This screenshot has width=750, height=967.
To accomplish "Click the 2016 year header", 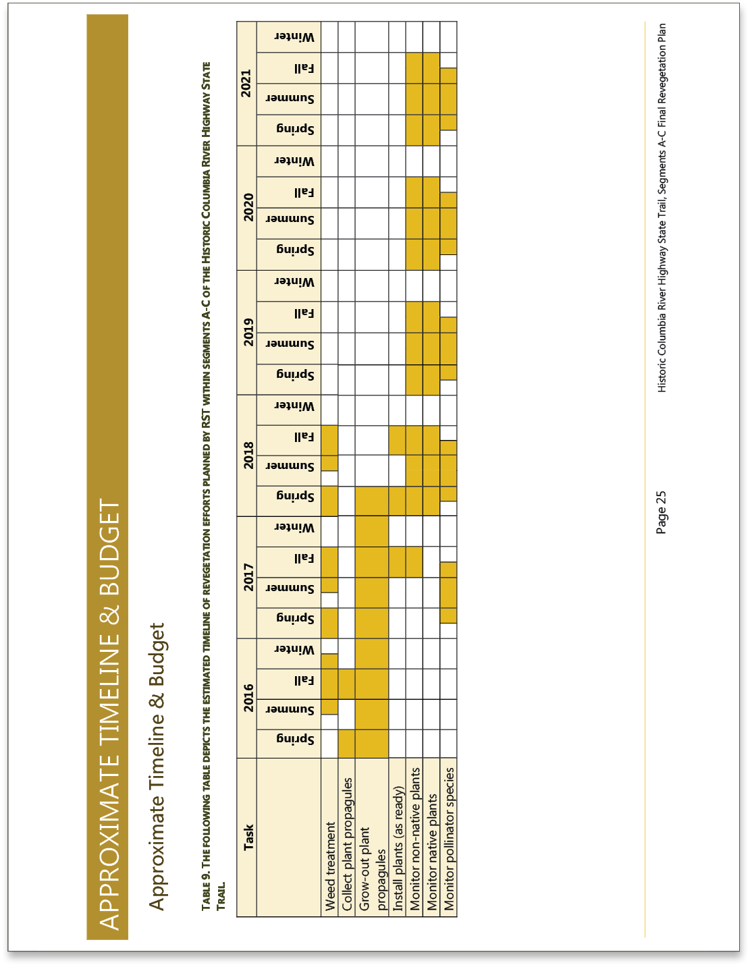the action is pyautogui.click(x=248, y=698).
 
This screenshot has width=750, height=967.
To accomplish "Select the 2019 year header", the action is pyautogui.click(x=248, y=332).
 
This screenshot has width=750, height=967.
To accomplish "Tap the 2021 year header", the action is pyautogui.click(x=246, y=83).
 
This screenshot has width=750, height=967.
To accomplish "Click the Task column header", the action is pyautogui.click(x=248, y=837).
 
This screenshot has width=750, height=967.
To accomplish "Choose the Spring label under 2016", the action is pyautogui.click(x=296, y=740).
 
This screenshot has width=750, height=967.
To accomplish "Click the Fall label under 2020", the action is pyautogui.click(x=304, y=192).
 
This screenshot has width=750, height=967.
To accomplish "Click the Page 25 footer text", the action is pyautogui.click(x=661, y=512).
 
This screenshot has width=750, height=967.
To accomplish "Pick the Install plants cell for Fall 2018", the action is pyautogui.click(x=397, y=440).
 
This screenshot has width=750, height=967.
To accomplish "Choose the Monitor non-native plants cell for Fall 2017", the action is pyautogui.click(x=414, y=562).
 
